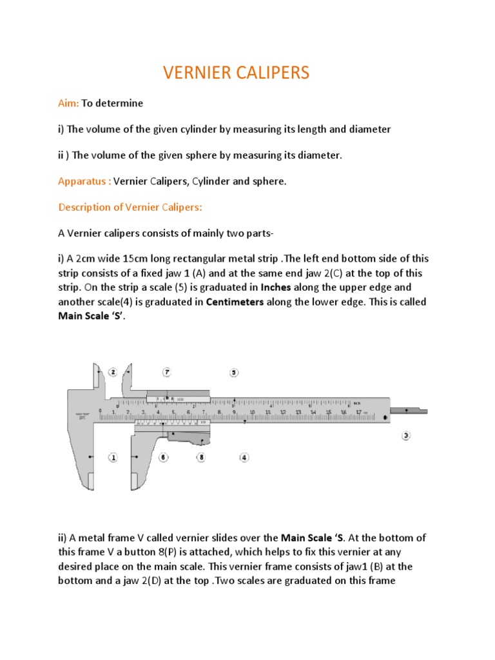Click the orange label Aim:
point(68,103)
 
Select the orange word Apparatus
point(82,181)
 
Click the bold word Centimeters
point(235,302)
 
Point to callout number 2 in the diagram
point(113,372)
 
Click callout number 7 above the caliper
point(166,372)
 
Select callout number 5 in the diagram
point(234,372)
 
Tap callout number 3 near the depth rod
point(406,435)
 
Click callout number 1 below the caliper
point(113,457)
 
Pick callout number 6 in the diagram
point(164,457)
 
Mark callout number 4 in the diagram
point(244,457)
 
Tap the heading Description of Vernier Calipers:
point(131,207)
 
